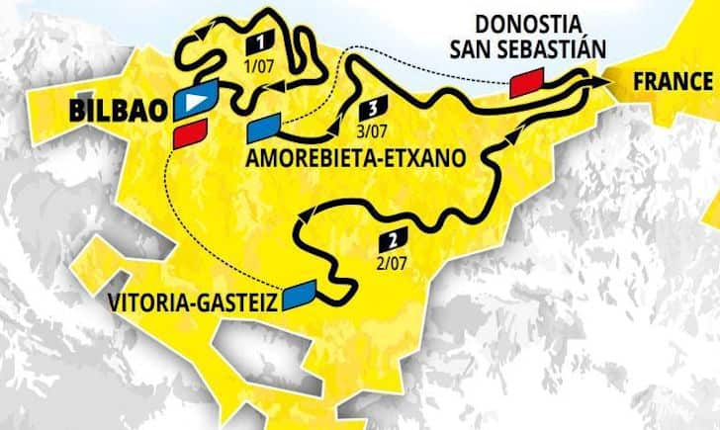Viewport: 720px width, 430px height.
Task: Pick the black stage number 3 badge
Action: click(373, 109)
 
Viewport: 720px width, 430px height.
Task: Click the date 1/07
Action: click(258, 64)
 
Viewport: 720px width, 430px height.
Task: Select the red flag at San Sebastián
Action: click(527, 84)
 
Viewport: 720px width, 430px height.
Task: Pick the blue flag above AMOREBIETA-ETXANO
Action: click(264, 127)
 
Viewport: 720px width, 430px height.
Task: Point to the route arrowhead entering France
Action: click(596, 78)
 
